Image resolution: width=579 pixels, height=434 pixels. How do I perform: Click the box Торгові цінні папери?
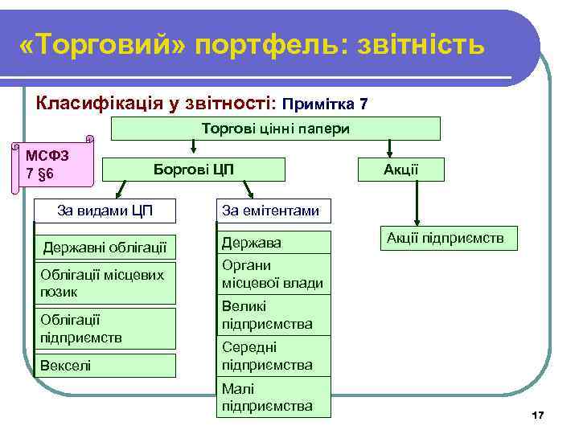click(275, 129)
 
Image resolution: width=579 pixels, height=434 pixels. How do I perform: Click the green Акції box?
click(400, 169)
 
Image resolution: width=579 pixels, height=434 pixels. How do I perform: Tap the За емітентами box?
click(270, 211)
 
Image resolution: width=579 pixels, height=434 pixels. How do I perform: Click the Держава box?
click(275, 242)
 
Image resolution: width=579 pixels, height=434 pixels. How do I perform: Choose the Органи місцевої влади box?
click(275, 274)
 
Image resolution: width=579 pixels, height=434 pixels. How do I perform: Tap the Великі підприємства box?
click(275, 315)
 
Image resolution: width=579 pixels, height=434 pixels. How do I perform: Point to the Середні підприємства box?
click(275, 356)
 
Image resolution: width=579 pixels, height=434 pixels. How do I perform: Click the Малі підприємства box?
click(275, 397)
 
